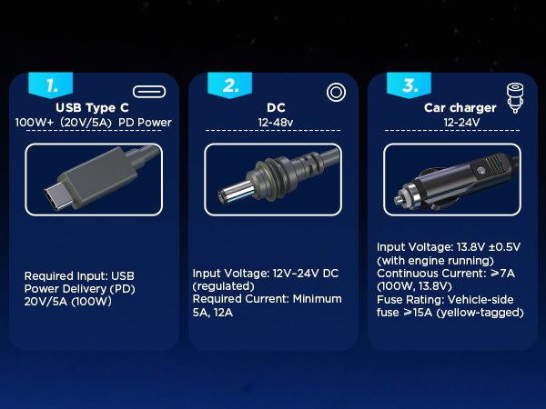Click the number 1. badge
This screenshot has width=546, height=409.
pyautogui.click(x=52, y=85)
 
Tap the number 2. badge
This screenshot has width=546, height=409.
pyautogui.click(x=230, y=85)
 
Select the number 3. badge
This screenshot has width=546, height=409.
pyautogui.click(x=409, y=85)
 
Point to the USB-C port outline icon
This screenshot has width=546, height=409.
pyautogui.click(x=150, y=91)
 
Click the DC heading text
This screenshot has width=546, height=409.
pyautogui.click(x=275, y=107)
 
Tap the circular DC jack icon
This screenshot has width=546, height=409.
pyautogui.click(x=334, y=92)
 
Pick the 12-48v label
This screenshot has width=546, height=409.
pyautogui.click(x=275, y=122)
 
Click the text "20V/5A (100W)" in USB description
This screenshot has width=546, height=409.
pyautogui.click(x=67, y=302)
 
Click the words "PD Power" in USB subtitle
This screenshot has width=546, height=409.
pyautogui.click(x=146, y=122)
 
